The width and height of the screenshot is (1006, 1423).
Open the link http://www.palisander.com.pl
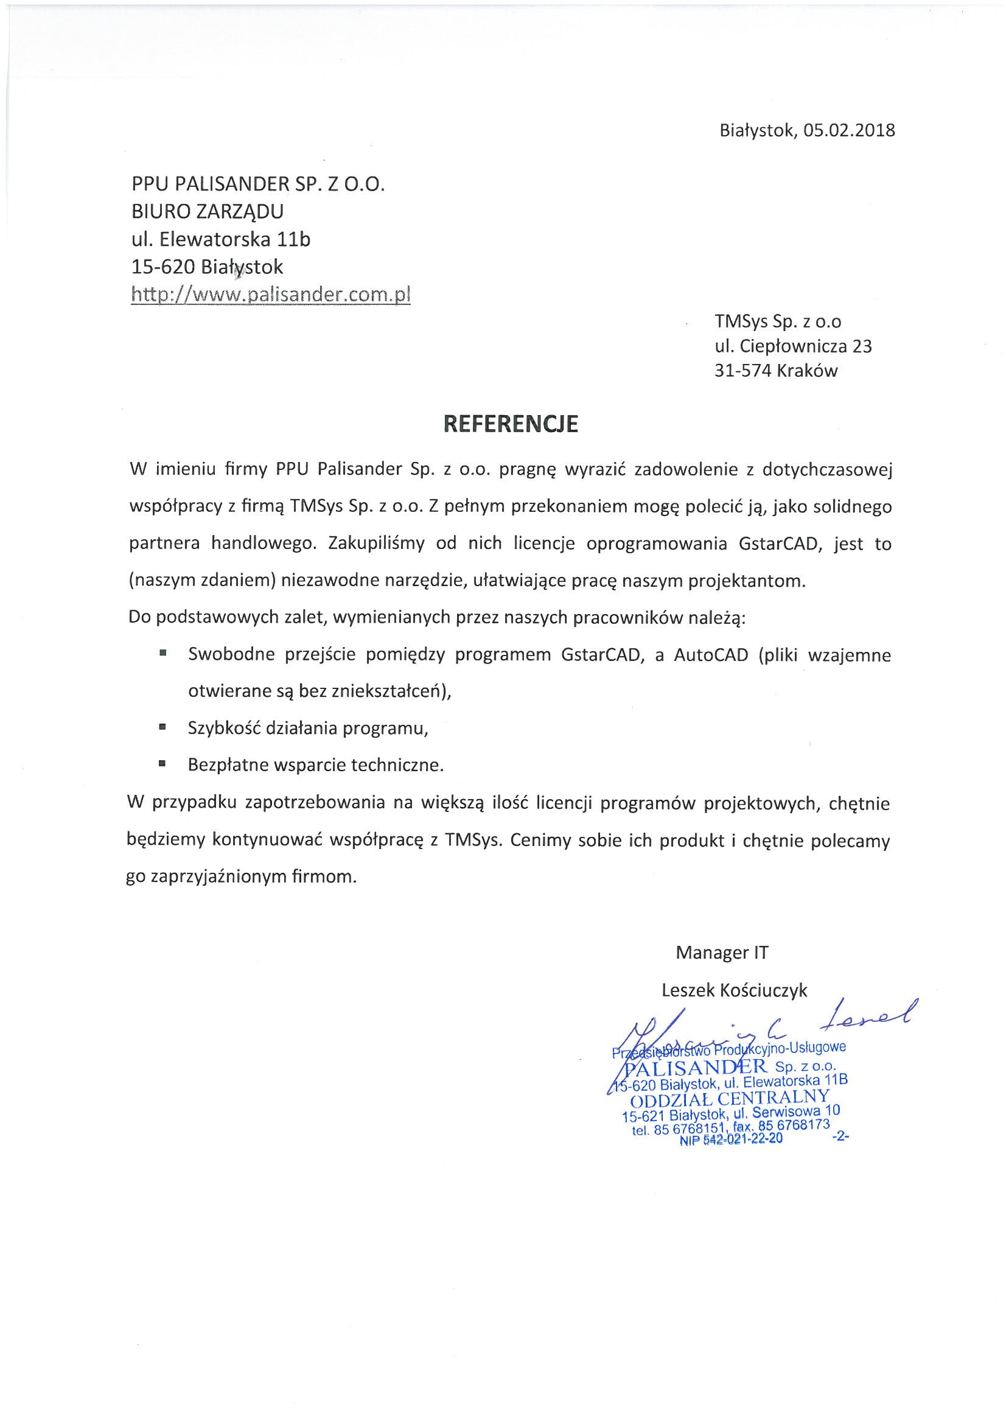point(271,295)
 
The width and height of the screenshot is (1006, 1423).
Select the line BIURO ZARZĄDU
point(208,211)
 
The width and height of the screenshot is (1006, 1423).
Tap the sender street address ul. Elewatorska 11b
point(221,239)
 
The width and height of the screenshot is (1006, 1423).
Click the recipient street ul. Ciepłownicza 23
point(793,346)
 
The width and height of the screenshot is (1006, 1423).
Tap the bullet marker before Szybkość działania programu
point(163,727)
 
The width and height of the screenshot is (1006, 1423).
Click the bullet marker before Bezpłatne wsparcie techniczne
point(163,764)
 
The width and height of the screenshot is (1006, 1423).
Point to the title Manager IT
point(722,953)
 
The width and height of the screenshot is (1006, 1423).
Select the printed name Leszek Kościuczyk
point(735,990)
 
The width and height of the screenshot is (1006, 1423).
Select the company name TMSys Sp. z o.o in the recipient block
point(778,321)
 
